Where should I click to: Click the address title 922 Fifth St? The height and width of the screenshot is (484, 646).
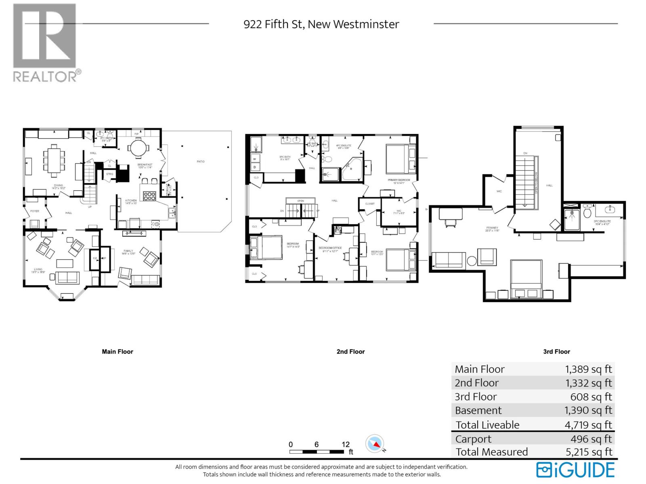[321, 24]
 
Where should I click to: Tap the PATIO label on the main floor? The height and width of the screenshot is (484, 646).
[201, 161]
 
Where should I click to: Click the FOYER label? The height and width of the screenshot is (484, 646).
[35, 211]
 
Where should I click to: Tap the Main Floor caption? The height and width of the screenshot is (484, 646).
[117, 352]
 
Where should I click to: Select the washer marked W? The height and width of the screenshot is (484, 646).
[255, 159]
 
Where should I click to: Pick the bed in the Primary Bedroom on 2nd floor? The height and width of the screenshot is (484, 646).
[398, 159]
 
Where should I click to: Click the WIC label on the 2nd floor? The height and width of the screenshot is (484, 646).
[399, 211]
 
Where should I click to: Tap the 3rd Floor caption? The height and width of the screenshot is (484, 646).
[556, 352]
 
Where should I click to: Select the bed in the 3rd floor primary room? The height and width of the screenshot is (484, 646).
[526, 278]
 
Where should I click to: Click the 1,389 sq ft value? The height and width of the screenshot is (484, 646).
[588, 369]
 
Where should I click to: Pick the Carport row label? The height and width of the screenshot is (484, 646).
[473, 439]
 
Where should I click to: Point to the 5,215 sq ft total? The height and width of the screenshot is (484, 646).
[589, 452]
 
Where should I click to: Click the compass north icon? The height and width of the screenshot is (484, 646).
[374, 444]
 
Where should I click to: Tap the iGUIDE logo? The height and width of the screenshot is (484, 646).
[575, 470]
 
